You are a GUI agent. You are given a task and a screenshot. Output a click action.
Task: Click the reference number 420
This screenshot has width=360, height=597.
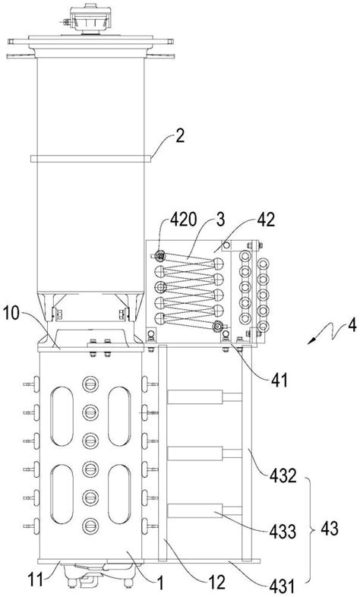[x=183, y=220]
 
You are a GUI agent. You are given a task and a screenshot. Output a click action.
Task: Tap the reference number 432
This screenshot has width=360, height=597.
[x=283, y=475]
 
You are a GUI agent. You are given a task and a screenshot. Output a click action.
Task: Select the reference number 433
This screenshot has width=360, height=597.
[x=283, y=532]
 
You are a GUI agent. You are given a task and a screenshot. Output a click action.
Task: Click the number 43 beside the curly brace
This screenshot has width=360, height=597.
[x=329, y=529]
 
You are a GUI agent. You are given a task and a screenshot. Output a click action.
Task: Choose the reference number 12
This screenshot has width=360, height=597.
[x=217, y=582]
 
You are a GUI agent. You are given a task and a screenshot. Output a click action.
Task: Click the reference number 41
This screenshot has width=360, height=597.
[x=279, y=380]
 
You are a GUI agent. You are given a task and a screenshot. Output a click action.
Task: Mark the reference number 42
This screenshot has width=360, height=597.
[x=266, y=220]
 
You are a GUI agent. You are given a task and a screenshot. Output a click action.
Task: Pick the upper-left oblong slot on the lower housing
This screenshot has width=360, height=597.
[x=62, y=416]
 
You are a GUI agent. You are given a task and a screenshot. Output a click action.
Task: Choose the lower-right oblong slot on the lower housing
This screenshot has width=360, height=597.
[x=119, y=494]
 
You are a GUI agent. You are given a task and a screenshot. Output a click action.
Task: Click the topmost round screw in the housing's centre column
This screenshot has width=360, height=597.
[x=90, y=384]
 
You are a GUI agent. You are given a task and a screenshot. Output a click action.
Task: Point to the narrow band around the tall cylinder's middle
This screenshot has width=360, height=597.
[x=90, y=159]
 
